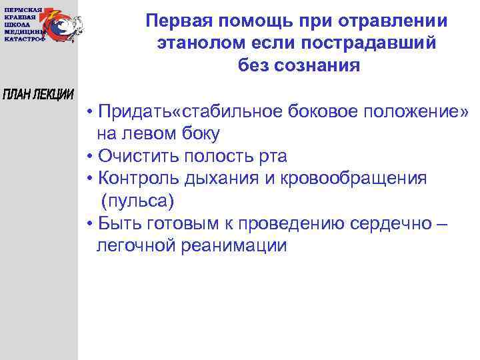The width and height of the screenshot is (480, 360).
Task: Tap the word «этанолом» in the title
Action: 194,43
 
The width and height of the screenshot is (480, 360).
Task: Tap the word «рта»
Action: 273,156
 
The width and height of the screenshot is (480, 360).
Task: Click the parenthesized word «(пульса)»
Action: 137,201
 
